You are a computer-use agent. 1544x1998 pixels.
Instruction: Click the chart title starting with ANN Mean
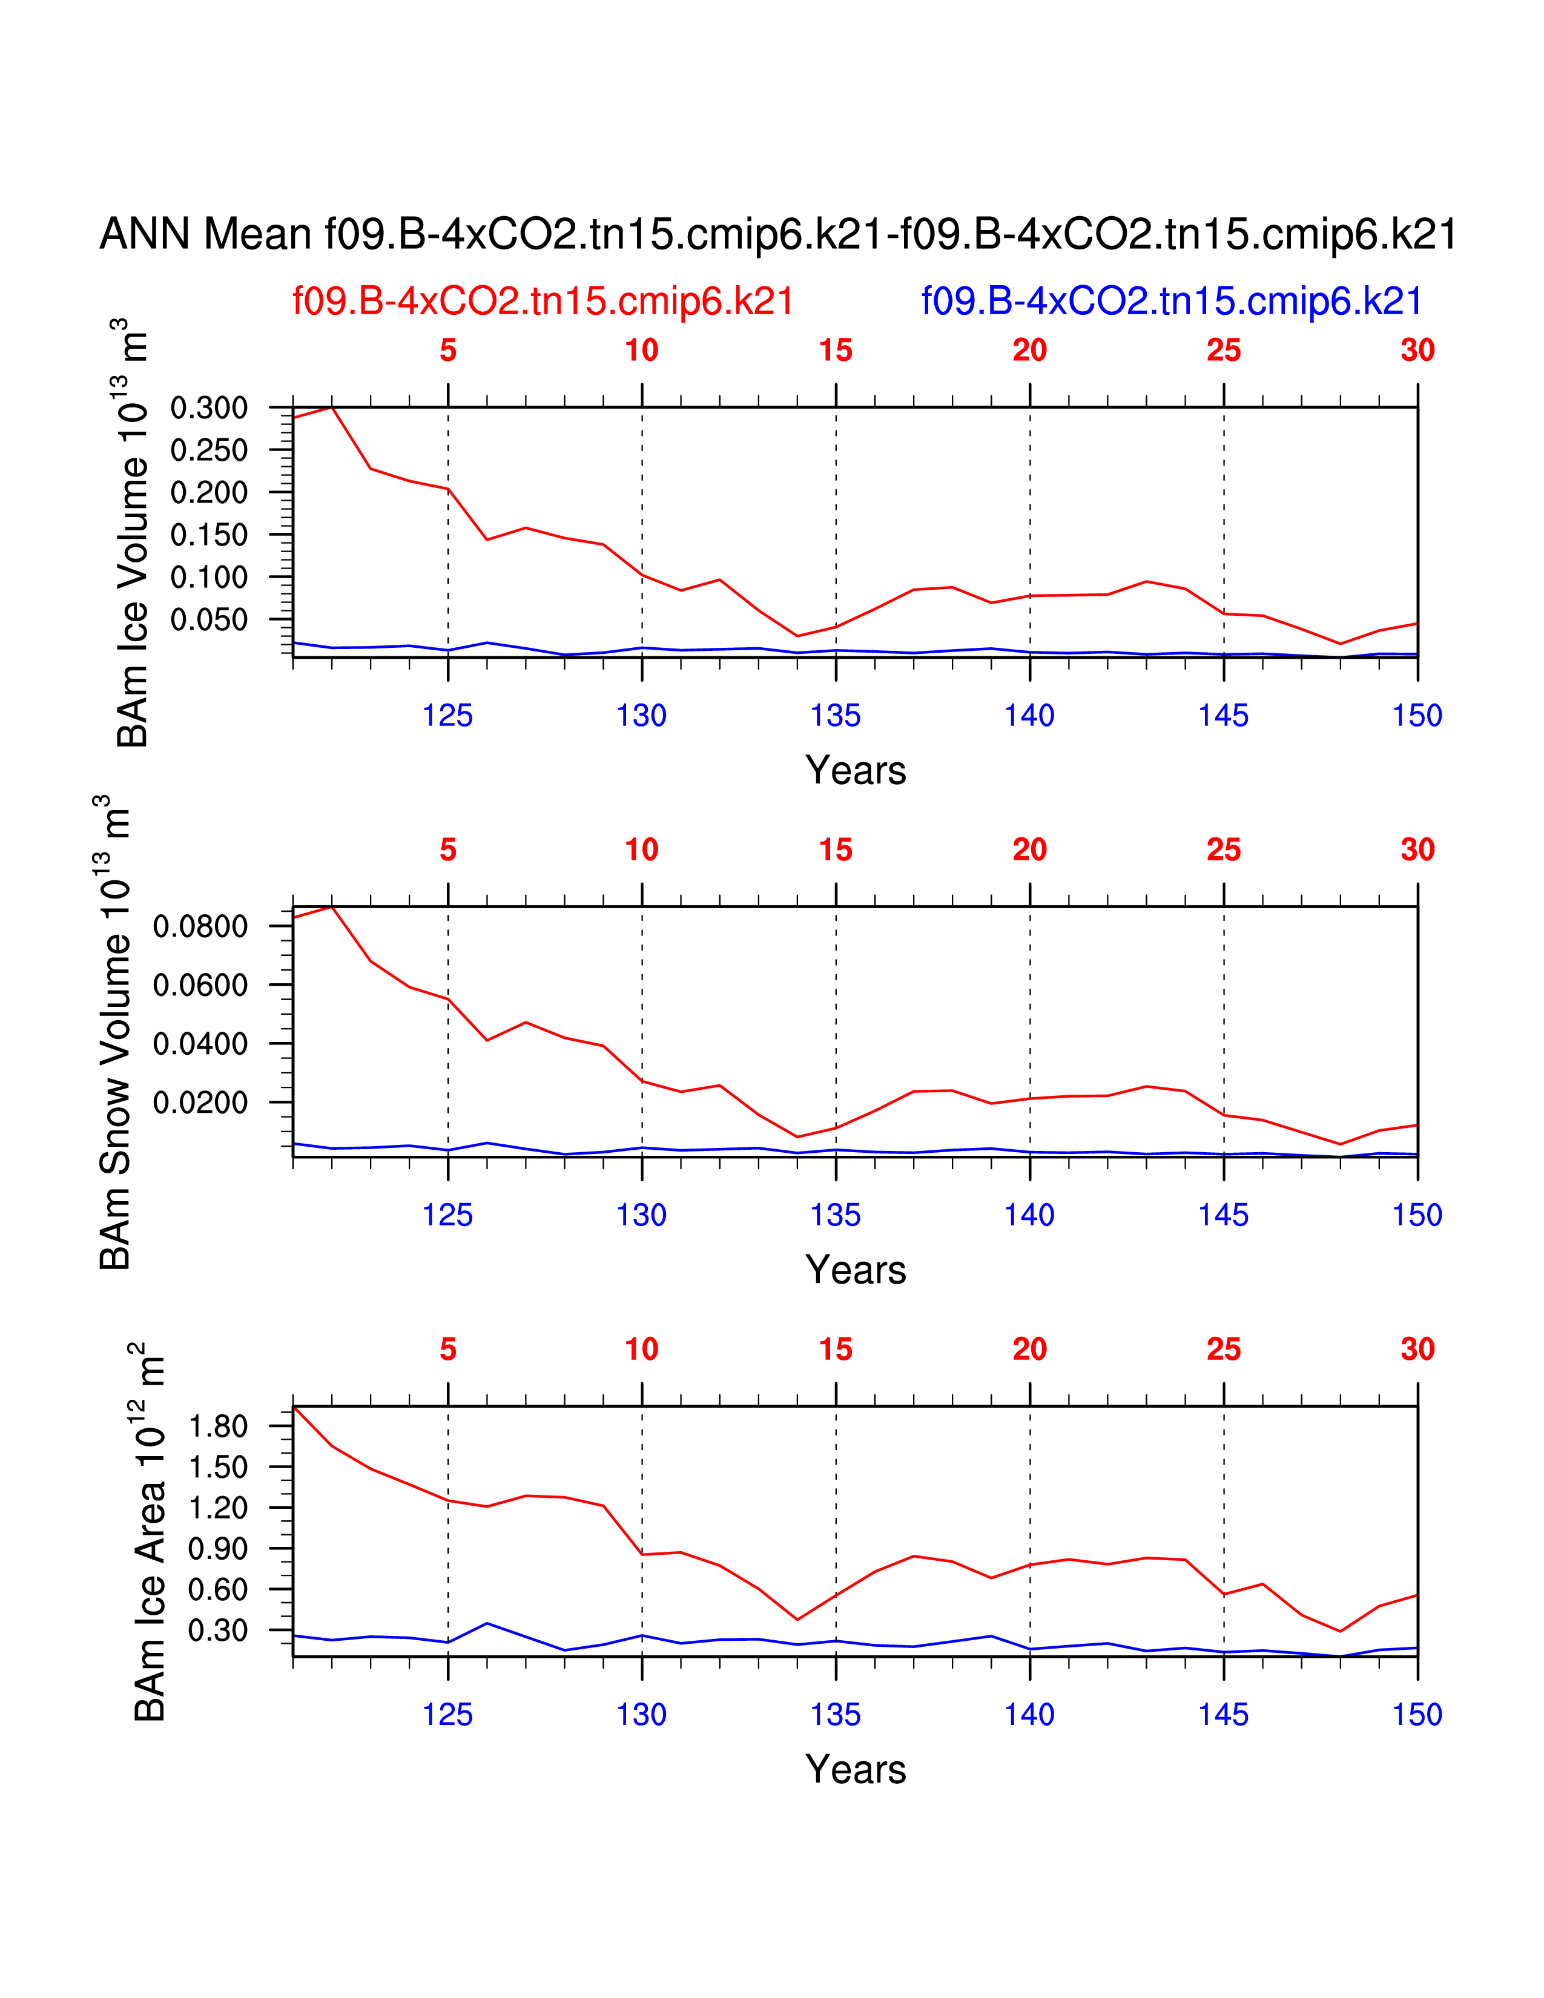pos(777,234)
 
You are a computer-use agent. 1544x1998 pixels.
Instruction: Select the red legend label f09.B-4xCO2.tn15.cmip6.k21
pos(543,301)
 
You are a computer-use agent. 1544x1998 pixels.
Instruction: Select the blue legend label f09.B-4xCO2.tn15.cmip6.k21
pos(1171,301)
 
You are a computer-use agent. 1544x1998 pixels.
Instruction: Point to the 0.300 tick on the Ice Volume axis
pos(209,408)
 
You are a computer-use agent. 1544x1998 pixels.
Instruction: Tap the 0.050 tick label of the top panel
pos(209,619)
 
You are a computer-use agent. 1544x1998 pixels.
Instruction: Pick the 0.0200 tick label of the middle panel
pos(200,1103)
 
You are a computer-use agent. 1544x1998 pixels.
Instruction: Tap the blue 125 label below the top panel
pos(447,716)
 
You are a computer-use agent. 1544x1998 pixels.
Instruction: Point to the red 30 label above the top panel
pos(1417,351)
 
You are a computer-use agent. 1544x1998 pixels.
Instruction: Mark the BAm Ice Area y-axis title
pos(150,1532)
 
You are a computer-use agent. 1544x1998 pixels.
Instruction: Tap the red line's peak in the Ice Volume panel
pos(332,406)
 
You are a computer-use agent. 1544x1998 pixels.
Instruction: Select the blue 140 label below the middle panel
pos(1029,1215)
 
